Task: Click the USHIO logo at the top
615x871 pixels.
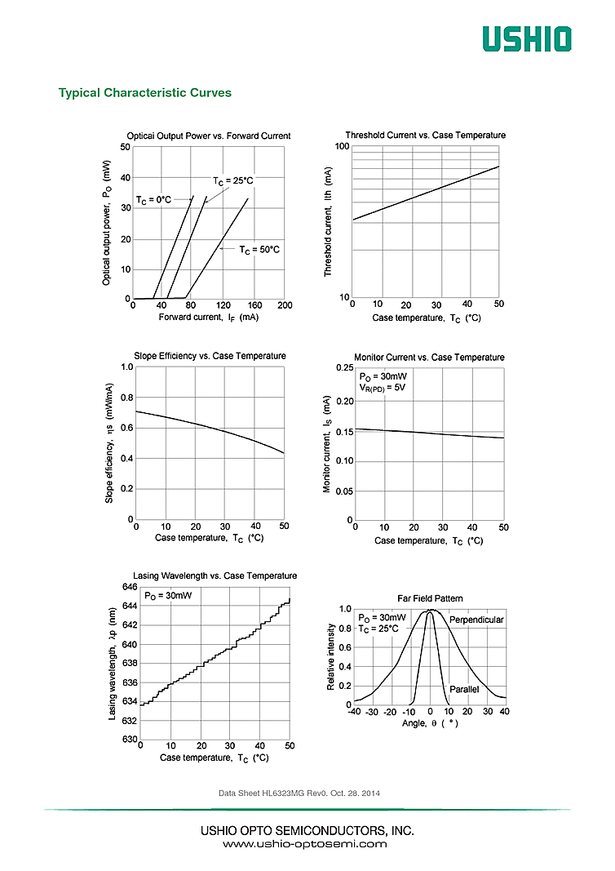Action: click(x=526, y=38)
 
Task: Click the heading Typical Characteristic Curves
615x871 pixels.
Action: click(x=145, y=92)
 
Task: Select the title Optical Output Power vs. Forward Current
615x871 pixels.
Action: click(x=209, y=136)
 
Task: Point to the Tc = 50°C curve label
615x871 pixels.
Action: click(x=259, y=250)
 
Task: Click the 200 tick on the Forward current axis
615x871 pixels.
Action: click(x=285, y=305)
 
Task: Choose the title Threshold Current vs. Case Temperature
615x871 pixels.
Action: click(x=425, y=136)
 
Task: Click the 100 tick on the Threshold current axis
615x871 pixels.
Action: click(x=342, y=146)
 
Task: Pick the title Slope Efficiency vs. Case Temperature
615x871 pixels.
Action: click(x=210, y=356)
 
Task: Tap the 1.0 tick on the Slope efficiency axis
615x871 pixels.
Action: click(x=126, y=367)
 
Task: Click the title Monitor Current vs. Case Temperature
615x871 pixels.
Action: click(x=429, y=358)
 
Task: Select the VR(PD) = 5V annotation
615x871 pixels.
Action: click(x=383, y=388)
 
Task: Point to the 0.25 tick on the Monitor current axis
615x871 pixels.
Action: click(x=344, y=369)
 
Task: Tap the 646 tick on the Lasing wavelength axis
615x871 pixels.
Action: click(x=129, y=587)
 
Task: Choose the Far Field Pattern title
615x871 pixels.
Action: click(x=430, y=598)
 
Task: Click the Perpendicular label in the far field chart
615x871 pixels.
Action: click(x=476, y=620)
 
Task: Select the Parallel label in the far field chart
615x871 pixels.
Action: click(x=464, y=690)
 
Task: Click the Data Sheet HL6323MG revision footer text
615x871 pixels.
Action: click(x=299, y=793)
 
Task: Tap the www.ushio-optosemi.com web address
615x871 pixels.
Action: click(x=306, y=844)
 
